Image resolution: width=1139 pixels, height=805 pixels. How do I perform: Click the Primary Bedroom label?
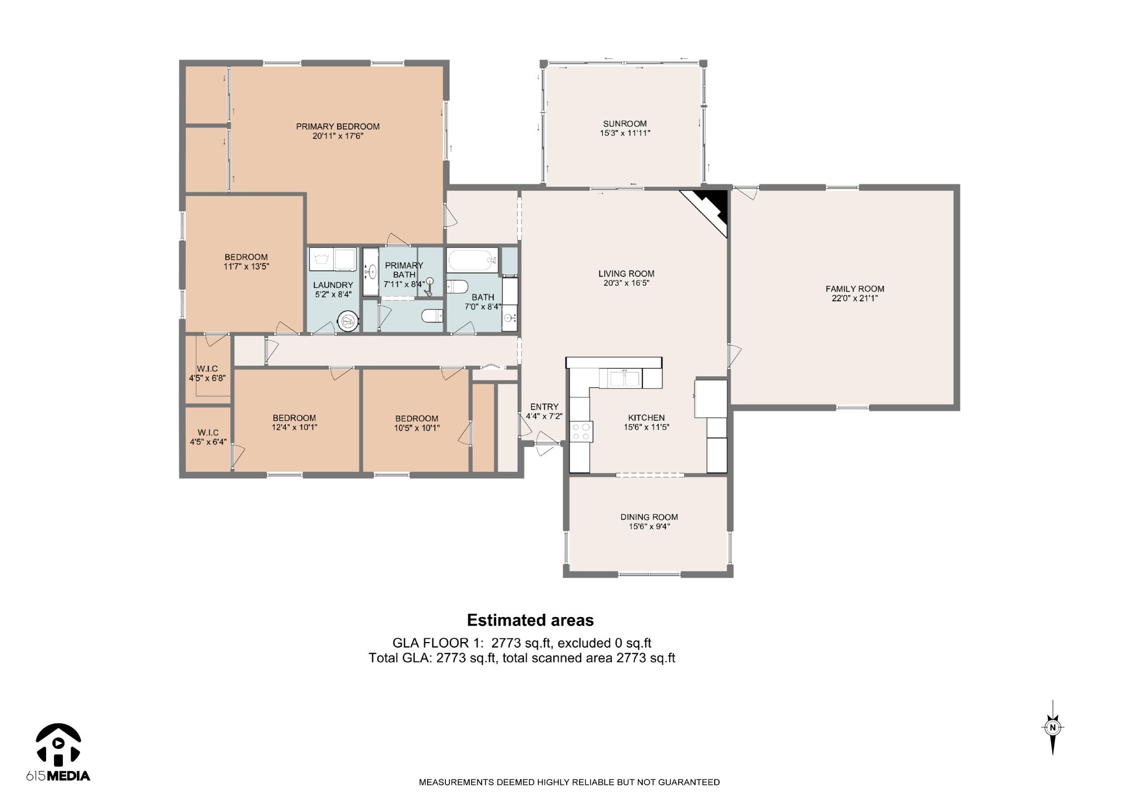coord(338,126)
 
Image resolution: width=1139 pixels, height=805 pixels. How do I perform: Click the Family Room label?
coord(855,289)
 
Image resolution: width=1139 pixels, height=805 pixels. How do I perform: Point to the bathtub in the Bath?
coord(473,260)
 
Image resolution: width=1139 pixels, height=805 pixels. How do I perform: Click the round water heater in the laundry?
coord(348,321)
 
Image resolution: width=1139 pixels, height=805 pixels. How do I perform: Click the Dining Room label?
coord(649,517)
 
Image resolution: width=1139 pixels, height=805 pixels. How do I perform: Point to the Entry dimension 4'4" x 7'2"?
coord(544,416)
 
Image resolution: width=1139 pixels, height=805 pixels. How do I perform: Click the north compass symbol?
coord(1052,727)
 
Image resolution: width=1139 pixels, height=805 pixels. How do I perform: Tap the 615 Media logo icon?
coord(58,743)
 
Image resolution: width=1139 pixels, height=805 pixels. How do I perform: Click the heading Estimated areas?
coord(531,620)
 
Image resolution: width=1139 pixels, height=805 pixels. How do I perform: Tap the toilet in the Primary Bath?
coord(432,316)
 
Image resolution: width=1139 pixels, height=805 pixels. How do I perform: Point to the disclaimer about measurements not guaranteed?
coord(569,782)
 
